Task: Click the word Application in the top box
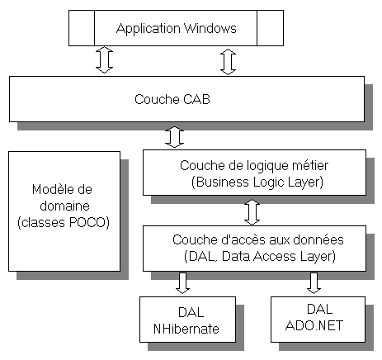click(149, 29)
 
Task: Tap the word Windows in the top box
click(210, 28)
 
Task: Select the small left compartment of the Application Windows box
click(82, 28)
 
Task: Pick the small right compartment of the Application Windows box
click(270, 28)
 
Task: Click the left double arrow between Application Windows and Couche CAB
click(105, 59)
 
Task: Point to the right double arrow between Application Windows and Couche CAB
click(229, 62)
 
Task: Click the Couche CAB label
click(172, 99)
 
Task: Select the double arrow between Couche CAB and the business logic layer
click(174, 137)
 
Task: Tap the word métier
click(310, 165)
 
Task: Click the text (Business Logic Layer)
click(257, 182)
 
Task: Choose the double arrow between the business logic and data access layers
click(252, 212)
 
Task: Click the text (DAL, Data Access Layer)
click(260, 257)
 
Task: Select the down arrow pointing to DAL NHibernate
click(182, 283)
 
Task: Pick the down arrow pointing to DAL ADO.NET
click(314, 283)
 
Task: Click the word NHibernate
click(186, 329)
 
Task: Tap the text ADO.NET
click(314, 325)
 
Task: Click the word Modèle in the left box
click(52, 190)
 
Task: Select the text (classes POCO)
click(64, 222)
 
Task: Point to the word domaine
click(64, 206)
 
